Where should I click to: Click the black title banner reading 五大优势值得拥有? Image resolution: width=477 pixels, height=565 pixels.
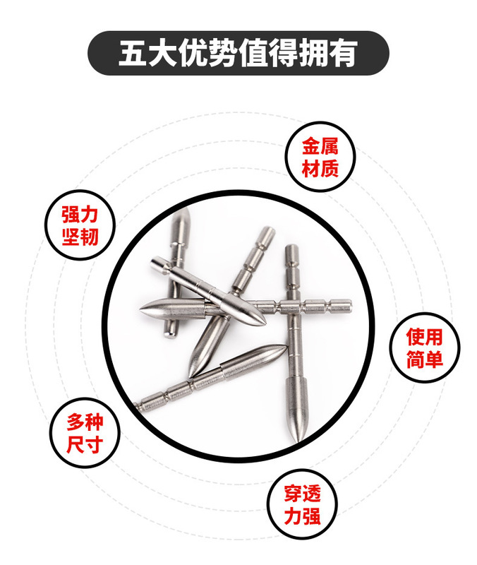238,54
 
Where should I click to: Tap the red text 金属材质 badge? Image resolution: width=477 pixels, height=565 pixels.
320,157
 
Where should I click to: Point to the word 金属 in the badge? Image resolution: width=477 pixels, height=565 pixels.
320,147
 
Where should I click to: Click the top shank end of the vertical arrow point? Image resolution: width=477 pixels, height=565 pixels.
290,249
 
